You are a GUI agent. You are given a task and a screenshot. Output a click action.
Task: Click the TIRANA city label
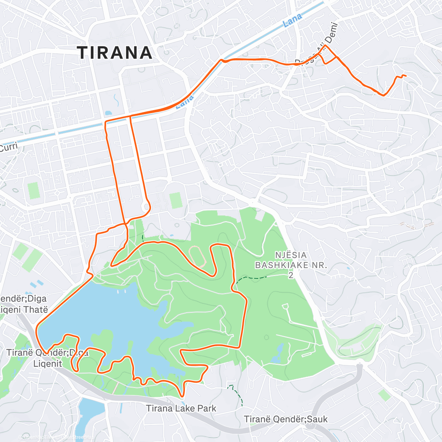(x=115, y=53)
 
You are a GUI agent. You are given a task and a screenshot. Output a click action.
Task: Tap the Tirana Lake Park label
(x=181, y=408)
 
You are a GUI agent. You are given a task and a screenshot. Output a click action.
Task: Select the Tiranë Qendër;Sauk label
(x=286, y=419)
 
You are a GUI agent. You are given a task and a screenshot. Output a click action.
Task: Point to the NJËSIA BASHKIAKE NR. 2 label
(x=291, y=265)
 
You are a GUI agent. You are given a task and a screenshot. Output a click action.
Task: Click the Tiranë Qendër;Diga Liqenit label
(x=47, y=358)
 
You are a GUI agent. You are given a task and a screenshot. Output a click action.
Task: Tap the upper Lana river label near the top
(x=293, y=21)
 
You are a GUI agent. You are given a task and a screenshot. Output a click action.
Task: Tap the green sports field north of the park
(x=176, y=200)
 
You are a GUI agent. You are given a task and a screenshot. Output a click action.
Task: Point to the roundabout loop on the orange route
(x=147, y=207)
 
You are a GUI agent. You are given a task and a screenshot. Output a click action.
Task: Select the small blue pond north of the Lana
(x=108, y=113)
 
